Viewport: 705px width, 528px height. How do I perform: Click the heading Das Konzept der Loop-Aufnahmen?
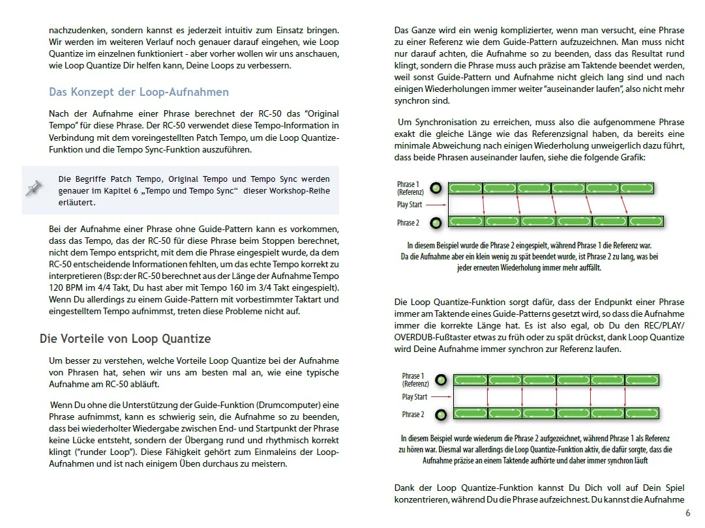tap(139, 92)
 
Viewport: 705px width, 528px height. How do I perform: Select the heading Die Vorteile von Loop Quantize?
tap(125, 339)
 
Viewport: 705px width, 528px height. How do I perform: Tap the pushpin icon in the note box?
tap(34, 190)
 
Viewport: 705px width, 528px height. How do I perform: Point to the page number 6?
tap(687, 513)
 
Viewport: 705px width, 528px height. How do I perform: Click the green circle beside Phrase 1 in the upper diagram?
tap(436, 188)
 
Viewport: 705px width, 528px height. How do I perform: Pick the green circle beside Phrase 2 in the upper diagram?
tap(436, 222)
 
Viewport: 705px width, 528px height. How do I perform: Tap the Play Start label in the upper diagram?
tap(409, 205)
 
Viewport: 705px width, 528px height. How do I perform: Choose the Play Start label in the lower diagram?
tap(414, 396)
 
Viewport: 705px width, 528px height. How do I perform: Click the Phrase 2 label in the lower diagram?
tap(413, 415)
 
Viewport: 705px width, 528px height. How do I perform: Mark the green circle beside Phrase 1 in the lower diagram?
tap(441, 379)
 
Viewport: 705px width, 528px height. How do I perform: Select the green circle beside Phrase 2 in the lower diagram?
tap(441, 414)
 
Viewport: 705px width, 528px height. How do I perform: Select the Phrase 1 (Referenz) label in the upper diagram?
tap(410, 188)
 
